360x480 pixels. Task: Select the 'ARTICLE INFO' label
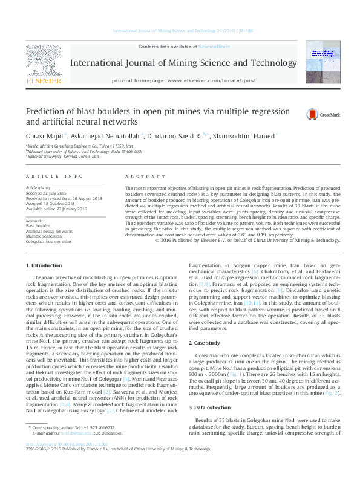(x=53, y=176)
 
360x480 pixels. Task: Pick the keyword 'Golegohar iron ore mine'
(x=48, y=241)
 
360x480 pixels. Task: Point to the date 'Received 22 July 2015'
(x=47, y=194)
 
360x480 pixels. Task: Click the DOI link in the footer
(x=58, y=459)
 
